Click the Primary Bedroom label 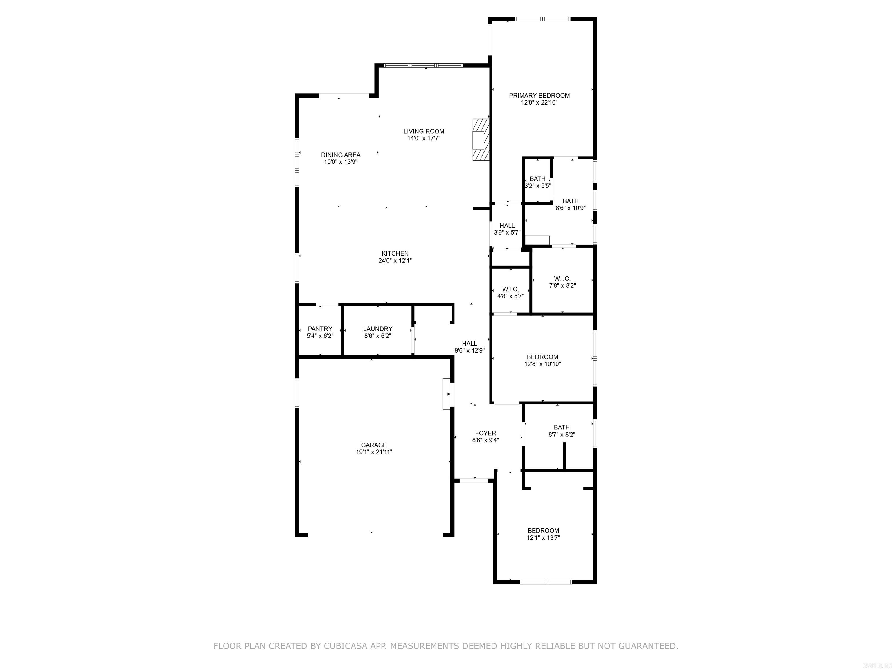point(539,96)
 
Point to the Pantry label point(320,329)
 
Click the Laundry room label point(377,329)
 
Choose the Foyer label point(485,433)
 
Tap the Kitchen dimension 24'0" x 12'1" point(395,260)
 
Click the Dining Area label point(341,155)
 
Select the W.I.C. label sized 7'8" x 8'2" point(562,279)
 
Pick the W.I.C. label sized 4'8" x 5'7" point(510,289)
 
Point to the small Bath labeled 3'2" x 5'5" point(537,179)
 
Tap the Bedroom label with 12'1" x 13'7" point(543,531)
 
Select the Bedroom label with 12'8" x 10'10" point(542,357)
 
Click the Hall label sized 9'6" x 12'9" point(470,344)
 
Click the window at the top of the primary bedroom point(542,19)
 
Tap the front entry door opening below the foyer point(474,480)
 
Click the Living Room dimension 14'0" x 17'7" point(424,138)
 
